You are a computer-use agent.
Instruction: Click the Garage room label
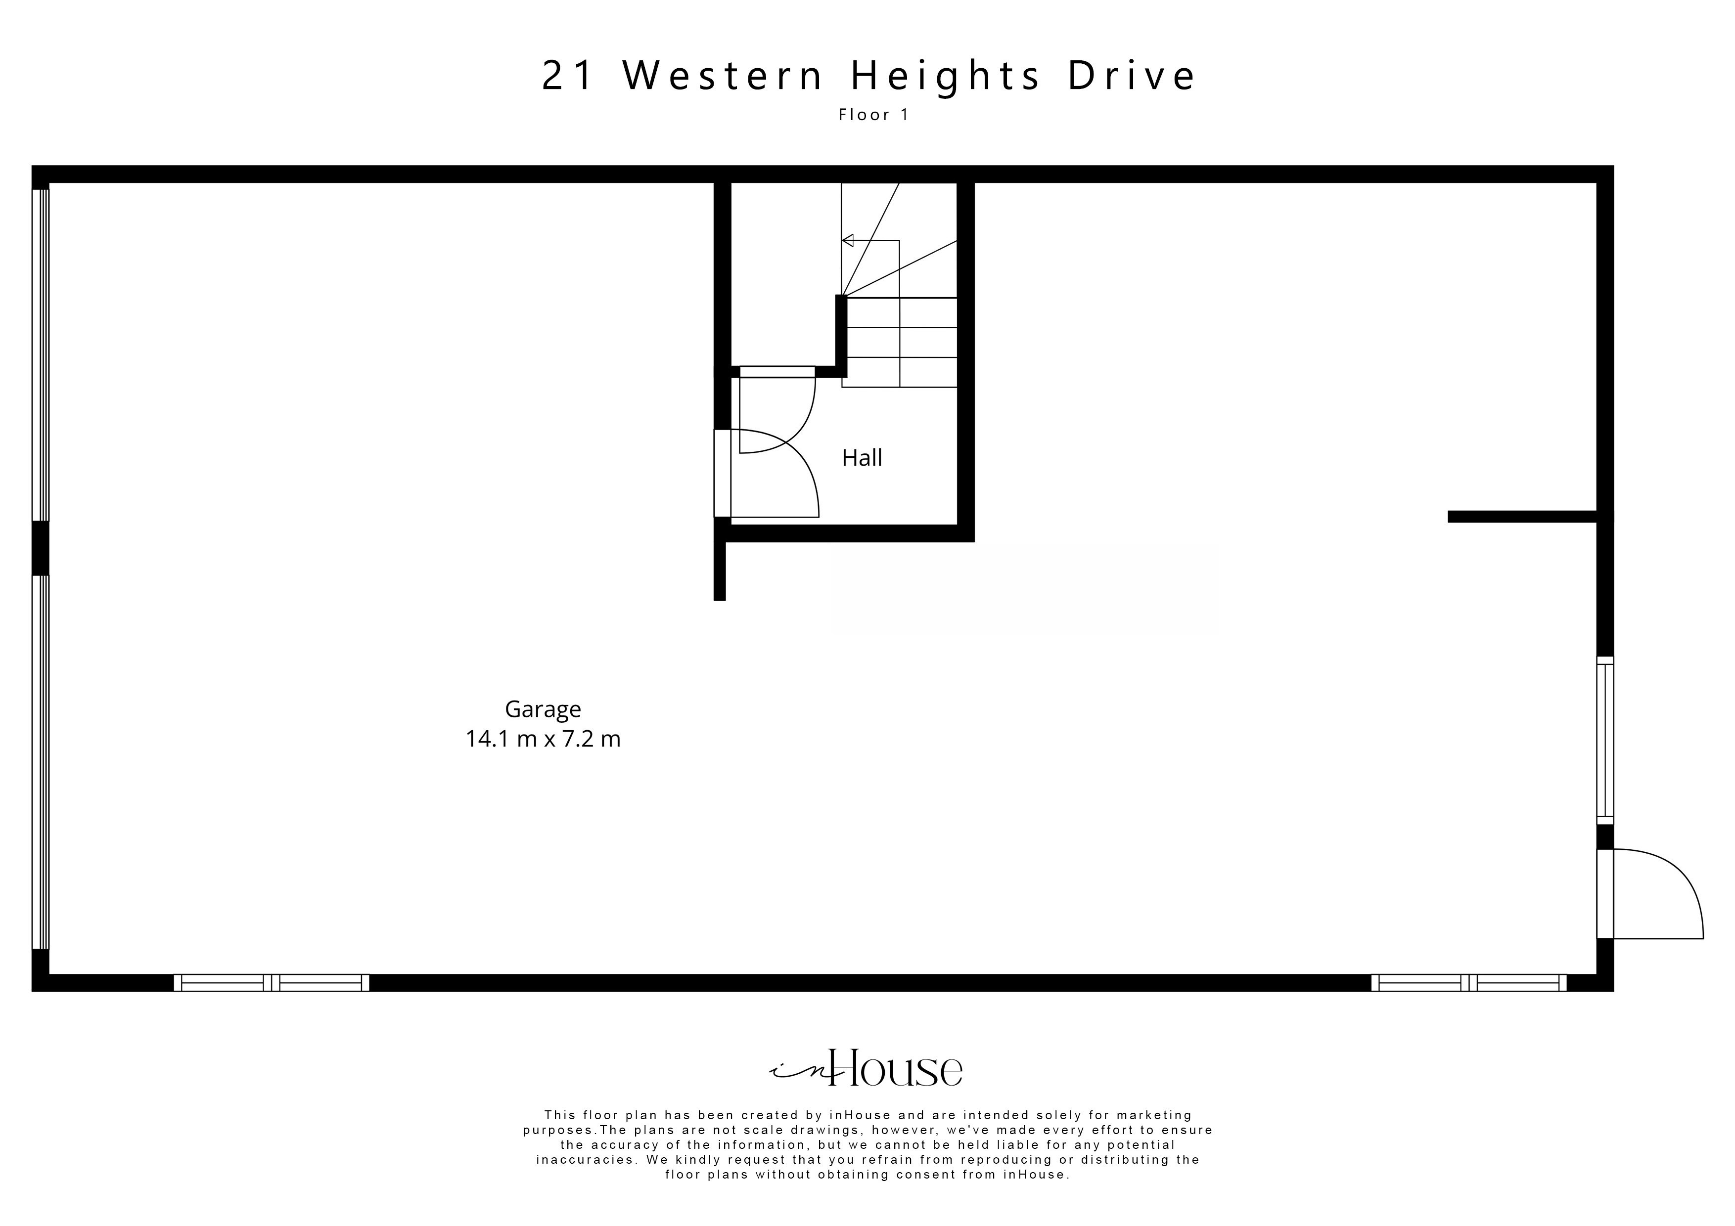coord(543,709)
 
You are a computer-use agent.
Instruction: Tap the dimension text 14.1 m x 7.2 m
coord(543,739)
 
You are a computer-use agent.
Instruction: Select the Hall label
coord(862,458)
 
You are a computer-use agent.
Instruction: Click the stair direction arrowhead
coord(848,241)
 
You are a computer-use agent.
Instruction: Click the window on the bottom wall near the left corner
coord(272,983)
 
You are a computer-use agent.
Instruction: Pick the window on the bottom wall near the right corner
coord(1468,983)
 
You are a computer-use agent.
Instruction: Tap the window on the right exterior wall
coord(1605,740)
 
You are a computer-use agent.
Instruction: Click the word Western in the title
coord(723,76)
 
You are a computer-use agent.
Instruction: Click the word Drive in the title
coord(1131,76)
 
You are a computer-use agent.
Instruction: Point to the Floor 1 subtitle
coord(873,115)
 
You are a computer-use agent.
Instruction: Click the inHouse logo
coord(867,1069)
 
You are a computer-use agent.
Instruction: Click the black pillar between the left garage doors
coord(40,548)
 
